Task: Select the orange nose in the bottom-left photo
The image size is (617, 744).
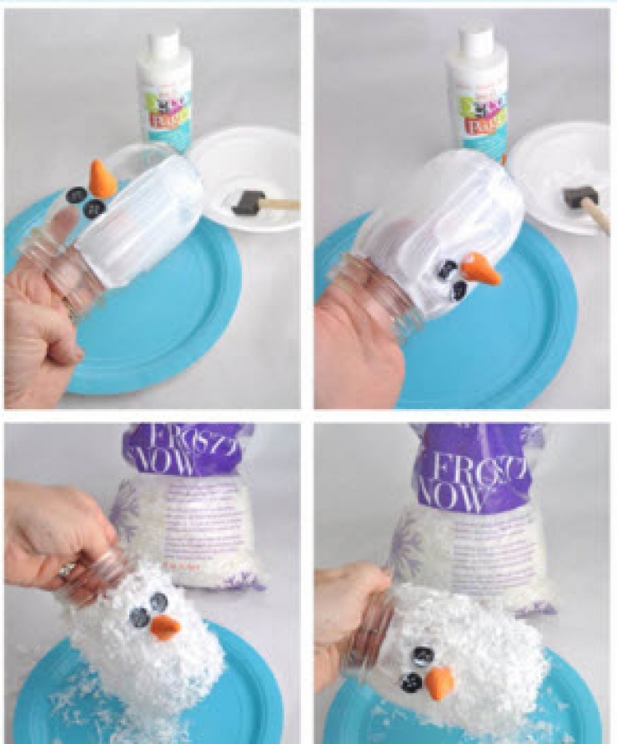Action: (164, 627)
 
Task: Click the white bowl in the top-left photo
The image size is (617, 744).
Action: (247, 179)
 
